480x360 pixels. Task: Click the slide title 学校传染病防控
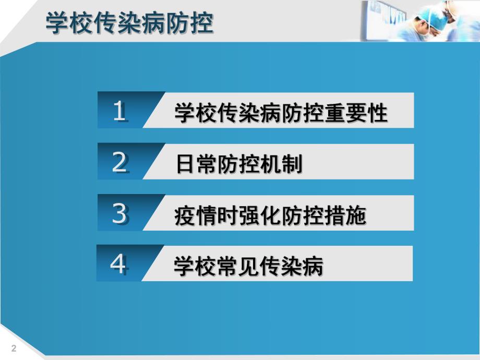[129, 23]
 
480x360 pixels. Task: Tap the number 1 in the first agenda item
[119, 111]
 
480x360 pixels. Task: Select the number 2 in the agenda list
[119, 163]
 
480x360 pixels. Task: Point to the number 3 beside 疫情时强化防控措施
[119, 213]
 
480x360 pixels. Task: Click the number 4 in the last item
[118, 265]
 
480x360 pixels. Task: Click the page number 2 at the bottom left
[14, 349]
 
